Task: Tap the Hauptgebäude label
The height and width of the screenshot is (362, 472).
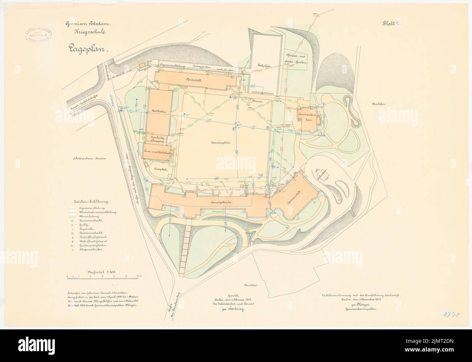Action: click(221, 201)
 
